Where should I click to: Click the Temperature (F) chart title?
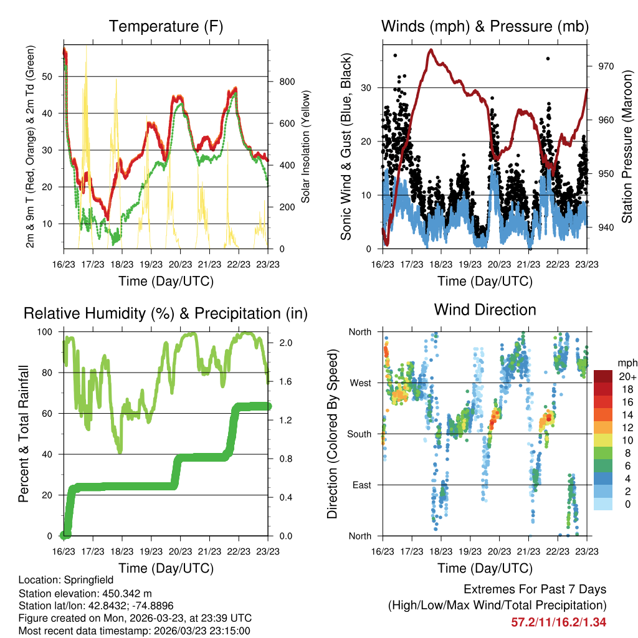(x=166, y=27)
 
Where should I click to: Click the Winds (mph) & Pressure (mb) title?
(x=485, y=27)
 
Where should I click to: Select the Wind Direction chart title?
(x=485, y=310)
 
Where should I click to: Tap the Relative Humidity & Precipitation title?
(x=166, y=313)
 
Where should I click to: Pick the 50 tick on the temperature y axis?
(x=55, y=76)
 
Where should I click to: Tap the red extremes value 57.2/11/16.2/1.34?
(x=558, y=622)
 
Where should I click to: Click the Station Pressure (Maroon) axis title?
(x=627, y=146)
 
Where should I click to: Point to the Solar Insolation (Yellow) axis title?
(x=306, y=146)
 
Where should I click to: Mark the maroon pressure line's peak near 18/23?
(x=431, y=50)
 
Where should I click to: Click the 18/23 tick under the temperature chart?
(x=122, y=265)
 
